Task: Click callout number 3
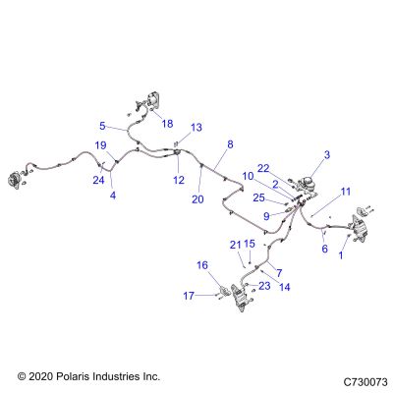(x=327, y=155)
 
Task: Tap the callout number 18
(x=167, y=124)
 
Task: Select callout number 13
(x=196, y=127)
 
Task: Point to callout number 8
(x=230, y=144)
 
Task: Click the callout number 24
(x=98, y=180)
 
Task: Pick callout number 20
(x=197, y=199)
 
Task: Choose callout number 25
(x=258, y=197)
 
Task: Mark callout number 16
(x=202, y=265)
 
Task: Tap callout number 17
(x=189, y=296)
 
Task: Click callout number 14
(x=285, y=287)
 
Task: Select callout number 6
(x=324, y=249)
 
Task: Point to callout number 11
(x=346, y=192)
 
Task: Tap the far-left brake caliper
(x=14, y=180)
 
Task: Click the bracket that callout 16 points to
(x=225, y=290)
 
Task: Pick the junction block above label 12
(x=177, y=152)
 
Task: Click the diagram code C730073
(x=365, y=382)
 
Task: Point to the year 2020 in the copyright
(x=40, y=376)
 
